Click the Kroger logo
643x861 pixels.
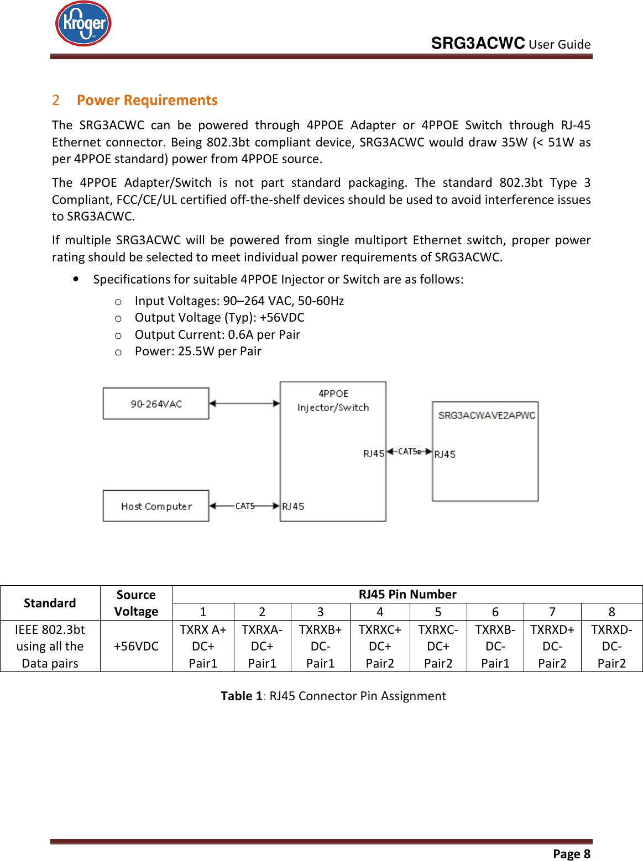click(x=83, y=24)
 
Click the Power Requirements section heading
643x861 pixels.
click(x=147, y=100)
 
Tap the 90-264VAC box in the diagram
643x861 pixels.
click(x=156, y=404)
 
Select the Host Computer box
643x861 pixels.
click(x=156, y=506)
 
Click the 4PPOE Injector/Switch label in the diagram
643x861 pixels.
click(x=333, y=401)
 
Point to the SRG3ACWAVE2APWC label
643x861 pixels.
click(x=487, y=415)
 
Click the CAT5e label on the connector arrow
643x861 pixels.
click(x=410, y=452)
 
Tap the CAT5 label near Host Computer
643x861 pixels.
click(x=245, y=506)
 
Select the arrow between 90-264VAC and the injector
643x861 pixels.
click(x=244, y=403)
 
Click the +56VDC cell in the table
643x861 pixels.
click(x=136, y=646)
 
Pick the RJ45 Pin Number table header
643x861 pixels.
click(x=407, y=594)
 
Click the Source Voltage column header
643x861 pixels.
click(x=136, y=603)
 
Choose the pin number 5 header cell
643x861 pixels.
click(x=438, y=612)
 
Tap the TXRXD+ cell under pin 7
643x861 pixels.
click(x=552, y=646)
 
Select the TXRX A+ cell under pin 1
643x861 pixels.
click(x=203, y=646)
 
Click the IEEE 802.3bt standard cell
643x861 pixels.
click(x=50, y=646)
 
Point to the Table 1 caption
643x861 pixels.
click(x=333, y=696)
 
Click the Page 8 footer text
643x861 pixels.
click(x=571, y=854)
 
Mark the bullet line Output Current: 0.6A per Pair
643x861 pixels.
click(x=217, y=334)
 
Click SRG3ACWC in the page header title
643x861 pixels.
click(x=478, y=43)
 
